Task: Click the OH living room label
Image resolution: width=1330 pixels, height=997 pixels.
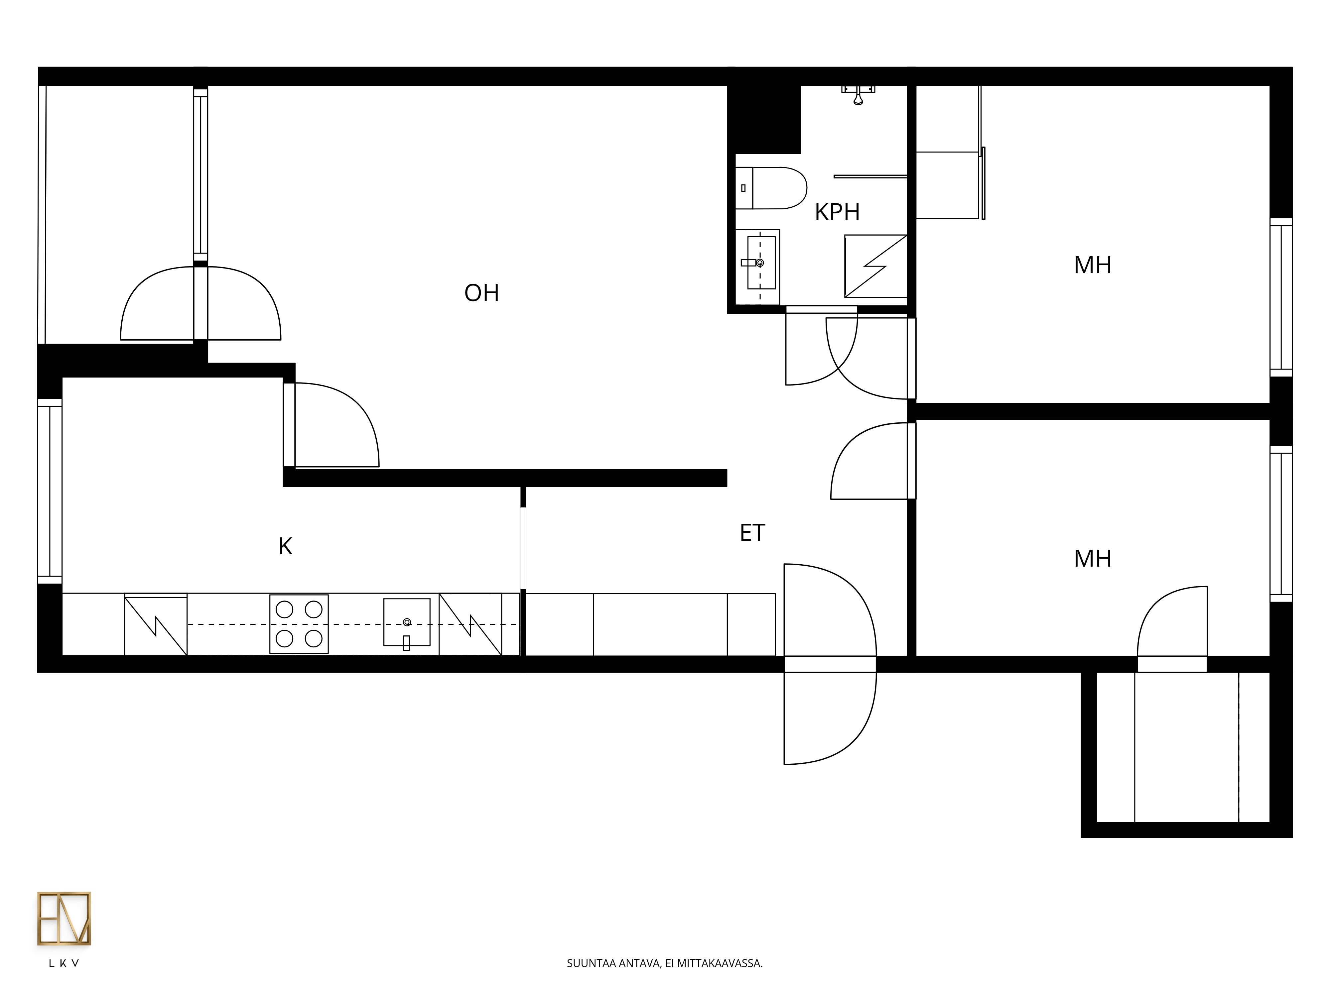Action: [481, 293]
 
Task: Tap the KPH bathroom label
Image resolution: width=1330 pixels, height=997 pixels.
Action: [837, 212]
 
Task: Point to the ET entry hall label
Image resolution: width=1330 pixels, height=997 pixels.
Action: [752, 532]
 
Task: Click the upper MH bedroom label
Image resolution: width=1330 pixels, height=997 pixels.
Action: [1093, 265]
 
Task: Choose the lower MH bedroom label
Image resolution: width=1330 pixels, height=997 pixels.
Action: [1093, 558]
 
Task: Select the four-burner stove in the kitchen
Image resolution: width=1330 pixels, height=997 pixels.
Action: [299, 624]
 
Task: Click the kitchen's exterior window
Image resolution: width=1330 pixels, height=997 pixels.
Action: [50, 492]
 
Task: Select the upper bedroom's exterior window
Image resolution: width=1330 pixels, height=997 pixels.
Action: [1281, 297]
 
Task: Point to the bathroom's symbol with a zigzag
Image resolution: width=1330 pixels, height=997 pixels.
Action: [875, 266]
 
